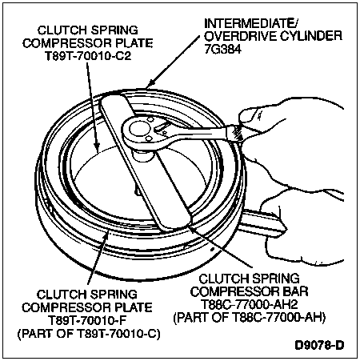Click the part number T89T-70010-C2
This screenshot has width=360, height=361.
88,57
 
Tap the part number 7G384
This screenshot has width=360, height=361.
222,50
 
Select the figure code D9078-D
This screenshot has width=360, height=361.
319,345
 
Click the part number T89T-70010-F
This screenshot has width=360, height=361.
86,321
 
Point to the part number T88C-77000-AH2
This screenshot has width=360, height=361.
249,304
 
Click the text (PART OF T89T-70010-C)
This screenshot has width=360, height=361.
89,334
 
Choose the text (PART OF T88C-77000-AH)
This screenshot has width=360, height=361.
250,318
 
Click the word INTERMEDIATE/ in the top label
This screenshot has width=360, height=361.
251,23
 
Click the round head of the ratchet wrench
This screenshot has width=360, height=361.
138,130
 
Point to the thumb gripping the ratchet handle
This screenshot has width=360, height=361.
250,115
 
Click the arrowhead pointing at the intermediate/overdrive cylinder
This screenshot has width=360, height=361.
150,84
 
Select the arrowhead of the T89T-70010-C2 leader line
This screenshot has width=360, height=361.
97,148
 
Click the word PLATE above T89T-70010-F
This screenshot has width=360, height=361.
134,307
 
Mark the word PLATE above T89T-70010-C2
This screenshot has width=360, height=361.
134,43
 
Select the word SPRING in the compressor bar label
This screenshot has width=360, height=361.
276,279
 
